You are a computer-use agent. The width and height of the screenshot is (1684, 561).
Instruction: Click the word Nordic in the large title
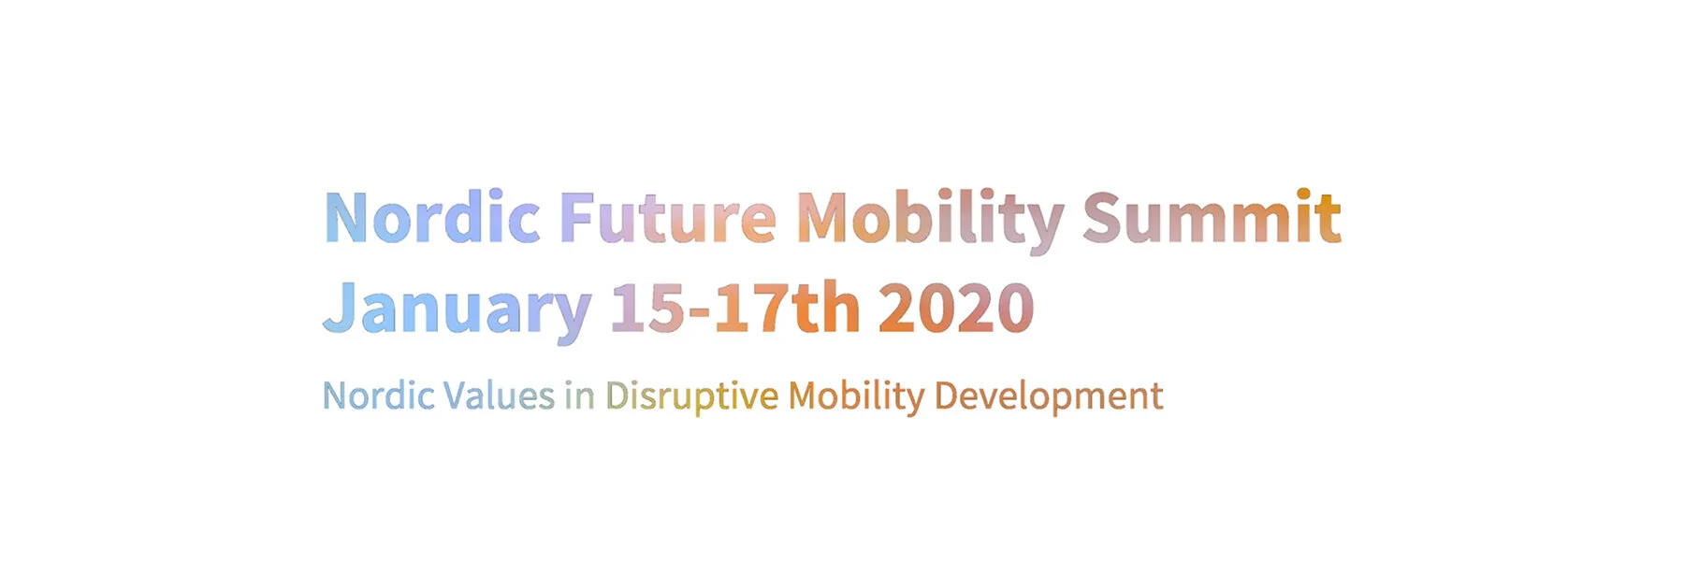431,218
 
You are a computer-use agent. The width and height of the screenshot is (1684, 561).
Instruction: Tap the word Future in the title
667,218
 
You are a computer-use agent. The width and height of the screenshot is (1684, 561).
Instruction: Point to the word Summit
1212,218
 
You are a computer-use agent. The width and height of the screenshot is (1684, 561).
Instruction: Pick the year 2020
955,309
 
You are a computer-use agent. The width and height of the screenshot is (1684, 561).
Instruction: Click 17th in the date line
787,309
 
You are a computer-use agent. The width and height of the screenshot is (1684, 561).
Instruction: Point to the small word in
579,396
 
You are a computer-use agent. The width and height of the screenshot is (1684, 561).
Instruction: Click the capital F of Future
576,218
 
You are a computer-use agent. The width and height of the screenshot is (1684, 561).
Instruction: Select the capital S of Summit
1101,218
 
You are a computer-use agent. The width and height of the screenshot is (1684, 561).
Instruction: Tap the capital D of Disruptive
617,396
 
